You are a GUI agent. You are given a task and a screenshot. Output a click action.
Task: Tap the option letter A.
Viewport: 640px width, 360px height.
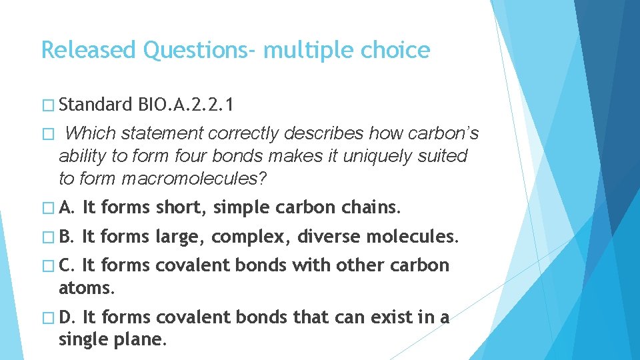[67, 207]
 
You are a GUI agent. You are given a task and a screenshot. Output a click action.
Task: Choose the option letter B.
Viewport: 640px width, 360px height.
[67, 236]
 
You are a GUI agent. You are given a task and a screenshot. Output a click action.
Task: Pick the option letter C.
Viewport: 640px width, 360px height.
[67, 265]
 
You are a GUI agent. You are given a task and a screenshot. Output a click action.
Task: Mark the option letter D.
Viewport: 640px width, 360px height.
[67, 318]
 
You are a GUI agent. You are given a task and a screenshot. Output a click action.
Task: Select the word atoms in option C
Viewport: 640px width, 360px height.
[86, 288]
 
